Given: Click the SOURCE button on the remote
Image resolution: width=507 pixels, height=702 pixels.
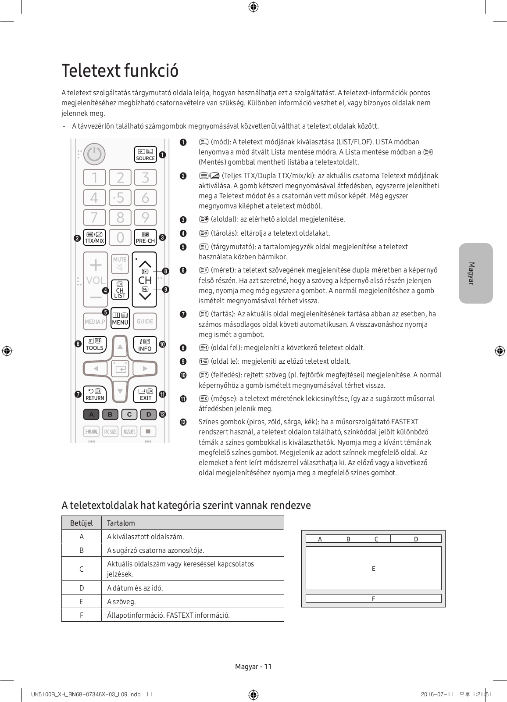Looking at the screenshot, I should click(145, 154).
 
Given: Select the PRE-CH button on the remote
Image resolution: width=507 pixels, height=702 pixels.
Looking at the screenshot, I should click(145, 237).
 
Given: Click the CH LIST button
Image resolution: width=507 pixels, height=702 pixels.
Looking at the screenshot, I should click(120, 290).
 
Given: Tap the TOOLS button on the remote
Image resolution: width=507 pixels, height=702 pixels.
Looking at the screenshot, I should click(94, 344).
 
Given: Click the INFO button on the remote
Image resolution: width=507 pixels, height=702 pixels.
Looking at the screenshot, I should click(145, 344).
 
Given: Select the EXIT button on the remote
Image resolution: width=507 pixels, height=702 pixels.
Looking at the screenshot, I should click(145, 394).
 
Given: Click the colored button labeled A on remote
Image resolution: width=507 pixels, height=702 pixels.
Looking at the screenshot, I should click(91, 414).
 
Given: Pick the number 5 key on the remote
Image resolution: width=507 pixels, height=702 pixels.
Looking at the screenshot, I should click(120, 197).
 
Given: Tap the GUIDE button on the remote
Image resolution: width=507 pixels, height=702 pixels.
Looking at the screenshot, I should click(145, 321).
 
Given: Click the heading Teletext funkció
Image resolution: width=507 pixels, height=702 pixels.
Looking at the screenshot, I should click(120, 71).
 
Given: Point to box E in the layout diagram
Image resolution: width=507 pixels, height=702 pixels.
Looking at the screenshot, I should click(373, 568).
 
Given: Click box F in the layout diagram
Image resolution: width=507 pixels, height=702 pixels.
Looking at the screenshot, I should click(373, 598).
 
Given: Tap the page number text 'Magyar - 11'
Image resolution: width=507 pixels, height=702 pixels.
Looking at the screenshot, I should click(253, 666).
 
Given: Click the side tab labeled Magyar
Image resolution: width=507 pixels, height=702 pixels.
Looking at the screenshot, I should click(475, 273).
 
